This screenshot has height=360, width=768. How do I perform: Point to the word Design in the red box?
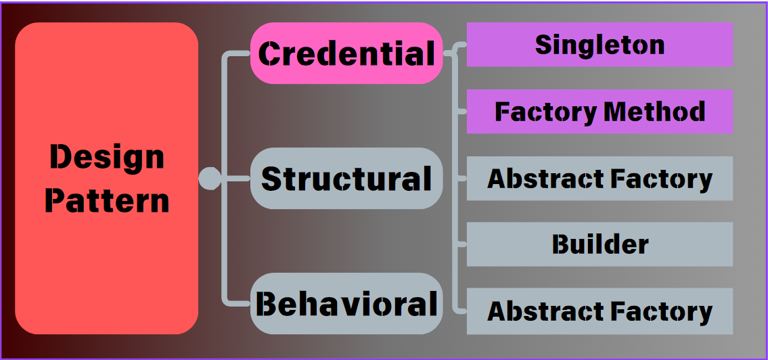tap(107, 158)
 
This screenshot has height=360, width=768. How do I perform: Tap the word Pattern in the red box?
tap(107, 201)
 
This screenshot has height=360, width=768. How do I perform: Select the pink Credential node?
tap(346, 53)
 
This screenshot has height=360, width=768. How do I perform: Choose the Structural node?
tap(346, 179)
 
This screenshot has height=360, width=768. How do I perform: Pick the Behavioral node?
tap(346, 304)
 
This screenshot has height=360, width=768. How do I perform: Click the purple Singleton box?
tap(600, 45)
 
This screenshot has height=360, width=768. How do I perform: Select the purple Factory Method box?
tap(600, 112)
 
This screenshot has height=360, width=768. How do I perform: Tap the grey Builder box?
tap(600, 244)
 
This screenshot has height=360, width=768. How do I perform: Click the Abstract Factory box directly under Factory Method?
tap(600, 179)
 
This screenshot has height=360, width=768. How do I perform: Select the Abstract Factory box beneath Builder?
tap(600, 311)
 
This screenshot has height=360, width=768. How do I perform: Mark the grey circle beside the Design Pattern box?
tap(210, 179)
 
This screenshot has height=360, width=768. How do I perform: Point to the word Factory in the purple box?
tap(546, 112)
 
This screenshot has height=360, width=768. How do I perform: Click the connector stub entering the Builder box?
tap(462, 244)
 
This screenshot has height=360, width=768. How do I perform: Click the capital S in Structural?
tap(272, 179)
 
